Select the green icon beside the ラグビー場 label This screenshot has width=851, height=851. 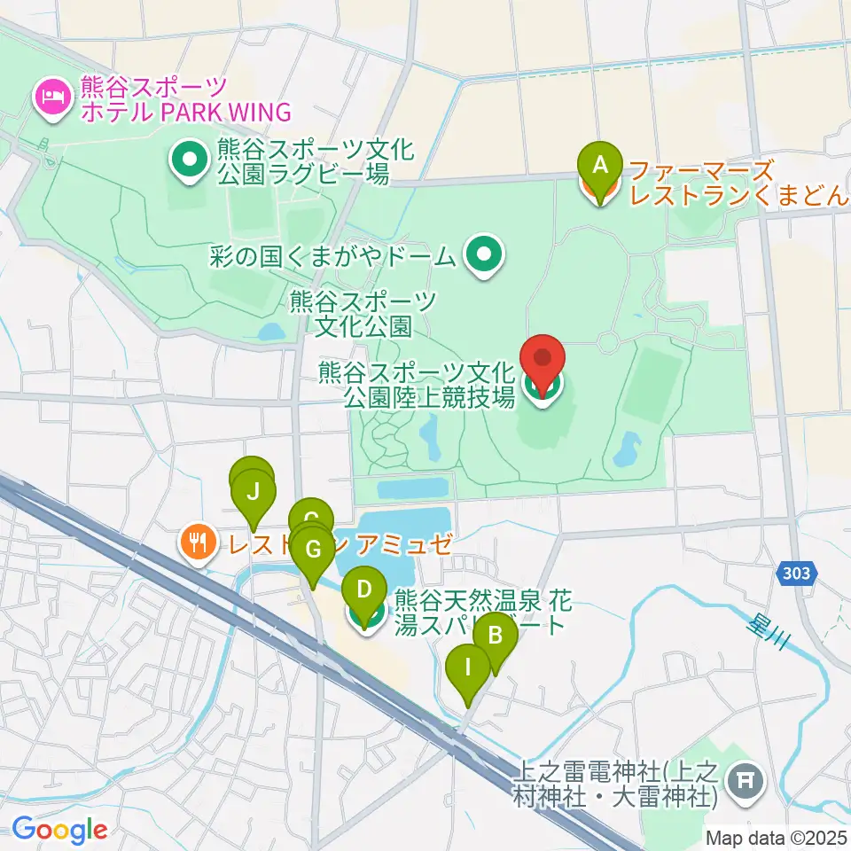click(x=188, y=162)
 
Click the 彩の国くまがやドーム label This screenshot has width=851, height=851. click(x=333, y=258)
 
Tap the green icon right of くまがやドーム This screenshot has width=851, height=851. click(x=484, y=257)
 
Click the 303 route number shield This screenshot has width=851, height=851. click(x=796, y=575)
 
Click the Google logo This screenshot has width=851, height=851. click(x=59, y=830)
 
